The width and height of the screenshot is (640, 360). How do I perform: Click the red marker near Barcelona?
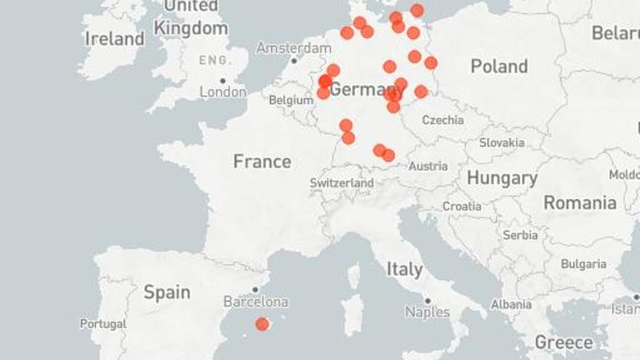pyautogui.click(x=262, y=324)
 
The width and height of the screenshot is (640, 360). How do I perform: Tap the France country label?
pyautogui.click(x=262, y=161)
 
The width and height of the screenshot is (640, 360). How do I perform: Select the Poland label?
pyautogui.click(x=499, y=67)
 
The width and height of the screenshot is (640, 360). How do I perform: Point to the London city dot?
pyautogui.click(x=223, y=81)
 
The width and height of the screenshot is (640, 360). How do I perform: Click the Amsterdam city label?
pyautogui.click(x=294, y=48)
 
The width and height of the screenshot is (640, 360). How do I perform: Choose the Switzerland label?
pyautogui.click(x=342, y=183)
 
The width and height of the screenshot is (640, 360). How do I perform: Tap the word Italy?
pyautogui.click(x=404, y=270)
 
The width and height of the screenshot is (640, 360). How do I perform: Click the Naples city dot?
pyautogui.click(x=428, y=300)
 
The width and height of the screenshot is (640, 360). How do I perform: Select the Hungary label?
pyautogui.click(x=502, y=178)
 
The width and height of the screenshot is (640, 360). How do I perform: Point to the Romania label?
pyautogui.click(x=580, y=203)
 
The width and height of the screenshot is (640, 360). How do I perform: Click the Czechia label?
pyautogui.click(x=443, y=120)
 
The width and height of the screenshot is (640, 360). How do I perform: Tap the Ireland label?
pyautogui.click(x=114, y=39)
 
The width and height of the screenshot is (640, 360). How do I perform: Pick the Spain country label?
pyautogui.click(x=167, y=292)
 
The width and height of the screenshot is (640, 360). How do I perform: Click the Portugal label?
pyautogui.click(x=103, y=324)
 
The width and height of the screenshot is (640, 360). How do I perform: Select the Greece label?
pyautogui.click(x=564, y=342)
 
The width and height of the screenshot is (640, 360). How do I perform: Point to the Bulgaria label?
pyautogui.click(x=583, y=264)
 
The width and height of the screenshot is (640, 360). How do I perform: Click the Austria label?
pyautogui.click(x=428, y=167)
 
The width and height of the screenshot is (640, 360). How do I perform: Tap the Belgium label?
pyautogui.click(x=291, y=100)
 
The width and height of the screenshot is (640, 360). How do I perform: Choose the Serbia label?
pyautogui.click(x=520, y=235)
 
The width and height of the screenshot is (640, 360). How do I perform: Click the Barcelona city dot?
pyautogui.click(x=255, y=289)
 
